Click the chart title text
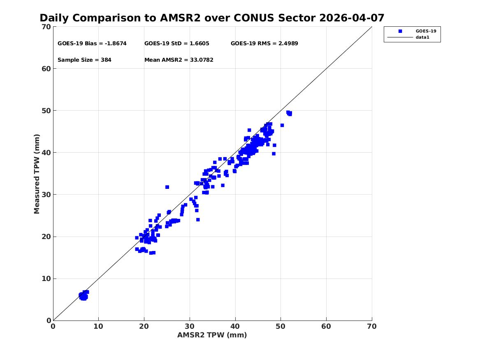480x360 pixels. [212, 18]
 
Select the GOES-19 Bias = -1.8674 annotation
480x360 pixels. [92, 44]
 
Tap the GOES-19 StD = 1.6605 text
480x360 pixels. [176, 44]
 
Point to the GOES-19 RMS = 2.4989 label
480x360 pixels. [264, 44]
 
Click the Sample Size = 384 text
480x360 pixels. [84, 60]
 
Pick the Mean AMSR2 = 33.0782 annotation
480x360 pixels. [179, 60]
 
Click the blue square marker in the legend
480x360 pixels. [400, 31]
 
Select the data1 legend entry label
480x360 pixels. [422, 37]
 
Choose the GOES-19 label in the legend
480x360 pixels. [426, 31]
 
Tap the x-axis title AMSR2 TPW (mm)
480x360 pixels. [212, 335]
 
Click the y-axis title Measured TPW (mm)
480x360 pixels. [37, 174]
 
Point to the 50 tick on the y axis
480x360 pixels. [46, 111]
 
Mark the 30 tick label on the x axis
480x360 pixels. [190, 326]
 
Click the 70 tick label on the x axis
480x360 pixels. [372, 326]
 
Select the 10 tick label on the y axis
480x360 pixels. [46, 279]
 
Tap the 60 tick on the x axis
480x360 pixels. [326, 326]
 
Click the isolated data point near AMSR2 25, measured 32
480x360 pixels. [167, 187]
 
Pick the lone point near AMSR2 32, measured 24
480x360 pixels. [198, 219]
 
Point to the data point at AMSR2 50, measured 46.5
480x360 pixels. [282, 125]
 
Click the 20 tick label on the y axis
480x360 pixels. [46, 237]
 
